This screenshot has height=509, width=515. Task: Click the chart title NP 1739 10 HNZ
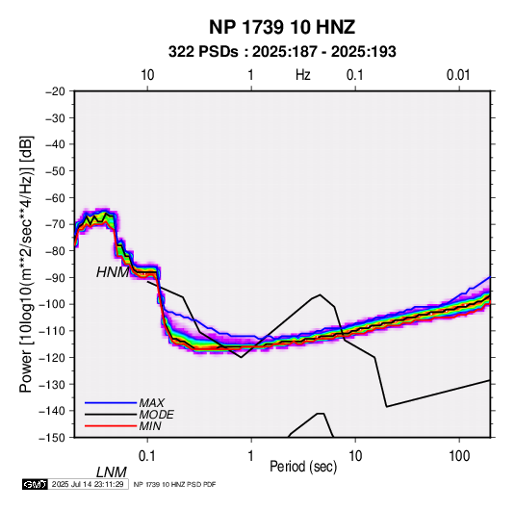(282, 27)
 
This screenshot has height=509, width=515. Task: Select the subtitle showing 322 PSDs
(282, 52)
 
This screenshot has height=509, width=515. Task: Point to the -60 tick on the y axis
(55, 197)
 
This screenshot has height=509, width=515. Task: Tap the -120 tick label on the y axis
(53, 357)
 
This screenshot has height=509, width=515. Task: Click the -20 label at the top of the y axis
(55, 91)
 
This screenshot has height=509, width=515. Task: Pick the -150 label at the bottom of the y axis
(53, 438)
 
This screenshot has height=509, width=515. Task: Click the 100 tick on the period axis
(459, 456)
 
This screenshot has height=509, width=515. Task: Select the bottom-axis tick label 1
(251, 456)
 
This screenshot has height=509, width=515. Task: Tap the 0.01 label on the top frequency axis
(458, 75)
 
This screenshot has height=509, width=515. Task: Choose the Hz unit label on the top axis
(303, 75)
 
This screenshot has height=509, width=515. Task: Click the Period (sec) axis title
(303, 467)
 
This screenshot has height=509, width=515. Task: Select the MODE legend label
(156, 415)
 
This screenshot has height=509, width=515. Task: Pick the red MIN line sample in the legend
(111, 426)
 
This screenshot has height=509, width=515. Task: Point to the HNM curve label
(113, 272)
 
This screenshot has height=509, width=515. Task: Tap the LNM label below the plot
(112, 472)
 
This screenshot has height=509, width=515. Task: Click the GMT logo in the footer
(35, 484)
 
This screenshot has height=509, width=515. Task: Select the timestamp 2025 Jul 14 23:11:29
(88, 484)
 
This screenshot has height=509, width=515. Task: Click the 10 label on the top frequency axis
(147, 75)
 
